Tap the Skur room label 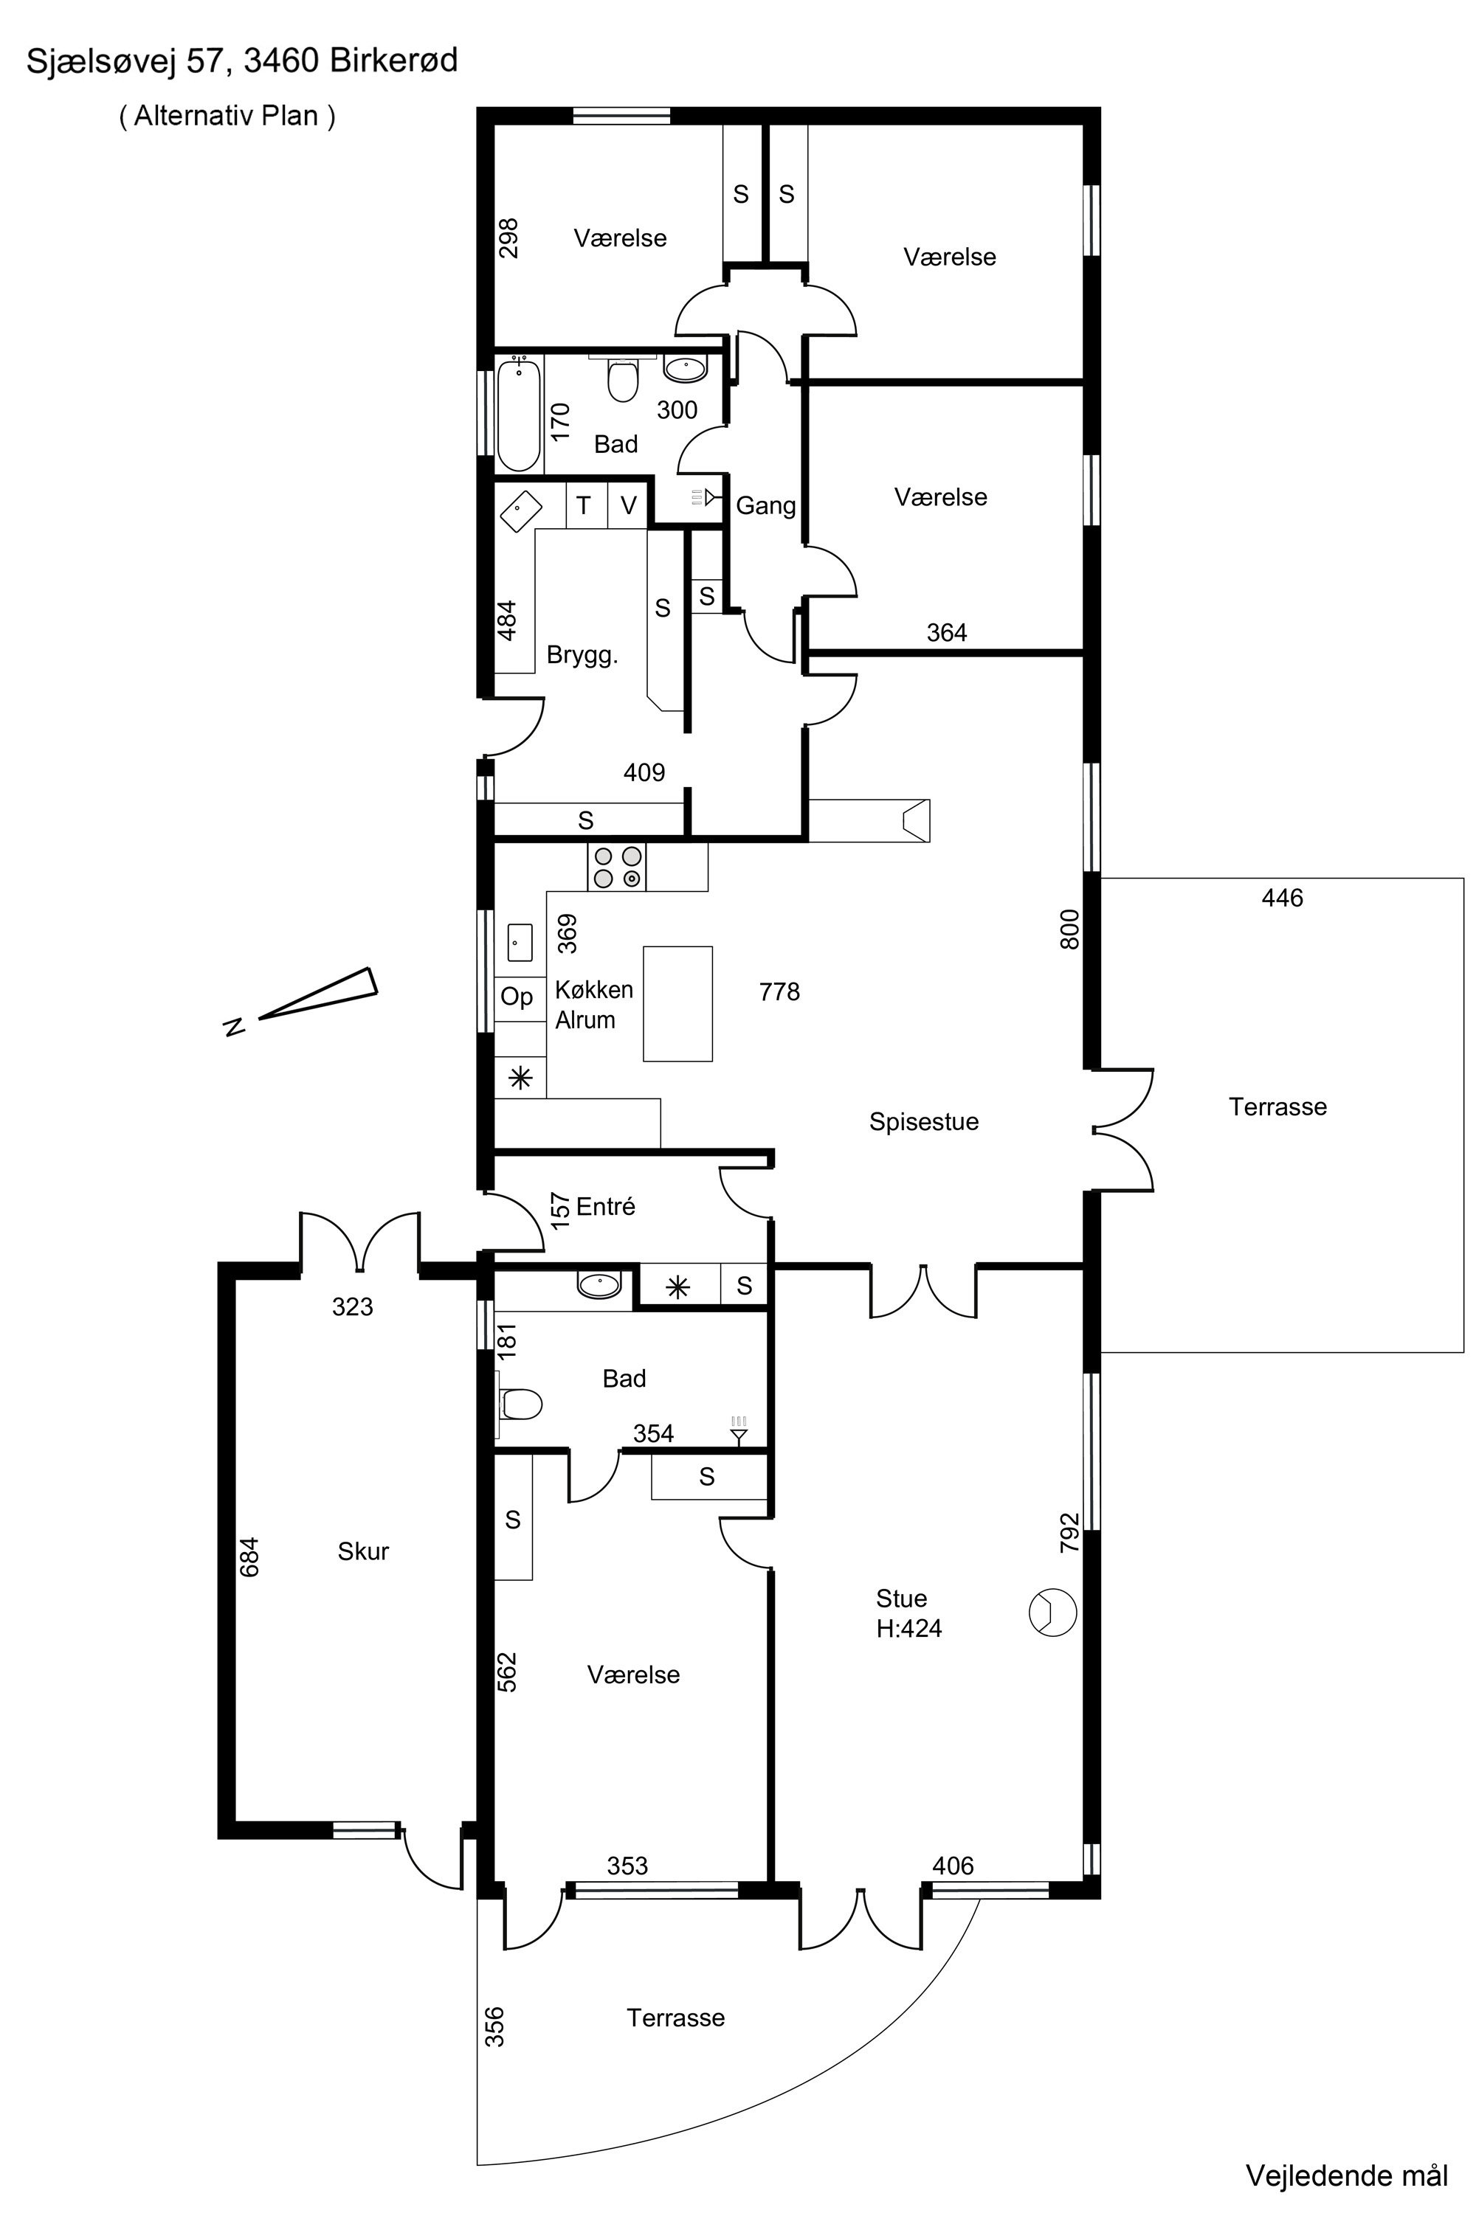tap(363, 1551)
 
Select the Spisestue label tap(923, 1121)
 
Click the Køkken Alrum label tap(594, 1004)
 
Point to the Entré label tap(605, 1206)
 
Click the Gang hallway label tap(765, 506)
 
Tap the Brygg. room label tap(583, 656)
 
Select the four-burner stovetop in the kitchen tap(616, 867)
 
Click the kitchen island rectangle tap(677, 1004)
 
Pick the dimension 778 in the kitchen tap(779, 991)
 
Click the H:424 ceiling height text tap(908, 1628)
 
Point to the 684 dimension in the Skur tap(249, 1556)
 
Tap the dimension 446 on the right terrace tap(1282, 898)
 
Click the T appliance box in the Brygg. tap(584, 505)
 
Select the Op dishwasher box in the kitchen tap(517, 997)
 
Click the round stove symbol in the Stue tap(1052, 1613)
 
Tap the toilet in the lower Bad tap(520, 1405)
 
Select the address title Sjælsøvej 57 tap(127, 61)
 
